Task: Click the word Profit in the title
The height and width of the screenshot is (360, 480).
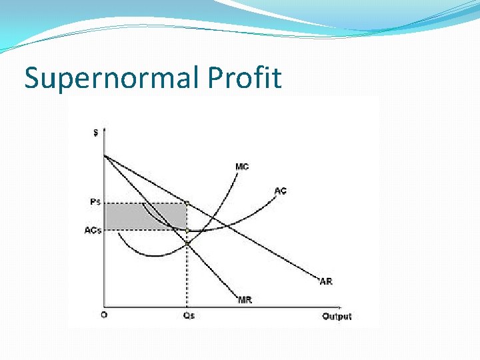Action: click(245, 78)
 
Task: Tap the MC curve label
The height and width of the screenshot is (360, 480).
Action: click(242, 167)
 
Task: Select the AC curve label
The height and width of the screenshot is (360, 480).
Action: click(281, 191)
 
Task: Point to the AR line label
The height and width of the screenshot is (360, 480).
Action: click(325, 282)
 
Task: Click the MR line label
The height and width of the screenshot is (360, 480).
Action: click(245, 300)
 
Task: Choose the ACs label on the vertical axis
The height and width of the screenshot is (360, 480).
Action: click(93, 231)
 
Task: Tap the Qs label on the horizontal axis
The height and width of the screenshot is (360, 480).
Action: click(189, 316)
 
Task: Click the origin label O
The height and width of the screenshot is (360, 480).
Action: click(104, 315)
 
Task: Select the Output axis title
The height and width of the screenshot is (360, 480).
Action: click(337, 316)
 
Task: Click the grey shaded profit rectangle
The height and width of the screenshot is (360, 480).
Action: click(145, 217)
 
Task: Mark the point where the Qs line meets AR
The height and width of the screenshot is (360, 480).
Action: click(187, 202)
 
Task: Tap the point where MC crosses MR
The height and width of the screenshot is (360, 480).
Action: click(187, 244)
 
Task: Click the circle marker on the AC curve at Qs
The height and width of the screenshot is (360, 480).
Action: click(187, 231)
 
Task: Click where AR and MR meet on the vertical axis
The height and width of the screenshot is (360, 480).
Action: click(105, 155)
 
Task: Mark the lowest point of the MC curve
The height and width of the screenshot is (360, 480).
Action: click(155, 256)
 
